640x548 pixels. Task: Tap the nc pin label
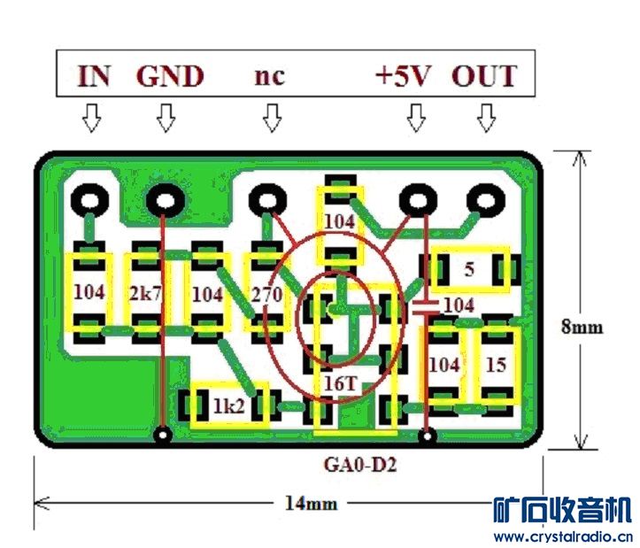coord(269,76)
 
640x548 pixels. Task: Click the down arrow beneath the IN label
coord(91,117)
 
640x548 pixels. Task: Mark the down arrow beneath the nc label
coord(271,117)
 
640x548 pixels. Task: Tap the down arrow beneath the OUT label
coord(485,117)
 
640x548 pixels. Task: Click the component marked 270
coord(266,295)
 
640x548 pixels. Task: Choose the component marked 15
coord(496,364)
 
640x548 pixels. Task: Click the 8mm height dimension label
coord(582,327)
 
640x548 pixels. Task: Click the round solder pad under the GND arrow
coord(164,202)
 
